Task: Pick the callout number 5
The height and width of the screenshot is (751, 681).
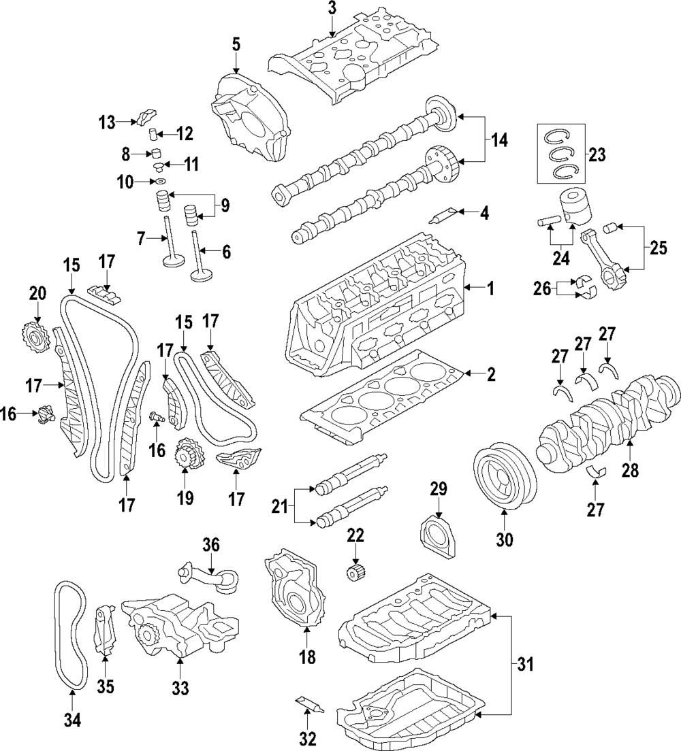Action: pos(236,46)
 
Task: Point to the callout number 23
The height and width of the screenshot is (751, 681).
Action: pos(597,154)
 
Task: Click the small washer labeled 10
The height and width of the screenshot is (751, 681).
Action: pos(161,182)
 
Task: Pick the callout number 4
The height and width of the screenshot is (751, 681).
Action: pos(484,213)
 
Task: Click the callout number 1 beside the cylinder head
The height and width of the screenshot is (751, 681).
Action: pos(490,289)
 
